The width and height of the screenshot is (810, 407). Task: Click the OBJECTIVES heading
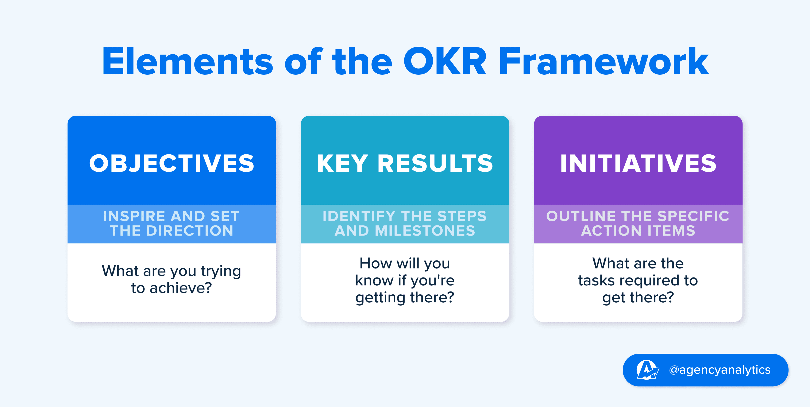[172, 163]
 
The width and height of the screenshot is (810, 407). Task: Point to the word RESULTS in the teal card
[435, 163]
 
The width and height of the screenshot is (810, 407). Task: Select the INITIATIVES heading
[638, 163]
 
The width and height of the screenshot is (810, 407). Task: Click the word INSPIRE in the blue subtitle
[134, 216]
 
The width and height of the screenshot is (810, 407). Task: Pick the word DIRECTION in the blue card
[190, 231]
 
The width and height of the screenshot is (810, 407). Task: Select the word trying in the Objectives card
[221, 271]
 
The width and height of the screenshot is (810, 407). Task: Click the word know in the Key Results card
[374, 280]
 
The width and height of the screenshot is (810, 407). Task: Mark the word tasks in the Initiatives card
[596, 280]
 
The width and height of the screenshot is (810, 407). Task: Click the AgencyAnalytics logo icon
[647, 370]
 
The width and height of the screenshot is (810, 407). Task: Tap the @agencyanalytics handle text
[720, 370]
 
